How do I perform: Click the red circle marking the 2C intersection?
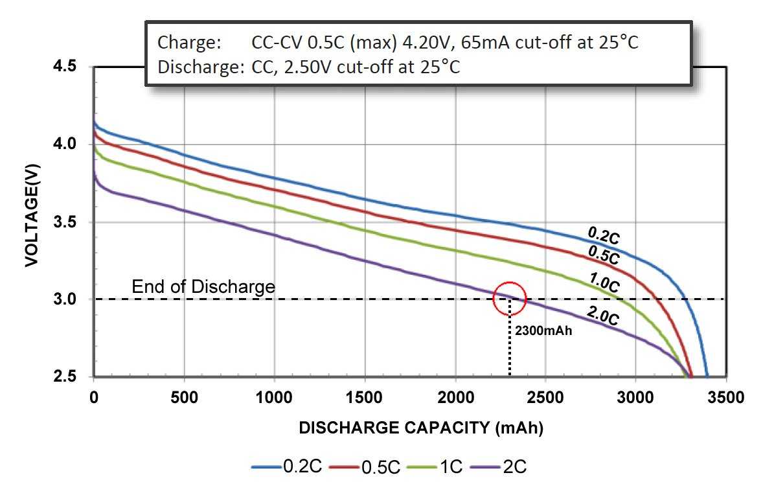pyautogui.click(x=510, y=299)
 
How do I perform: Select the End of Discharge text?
pyautogui.click(x=203, y=286)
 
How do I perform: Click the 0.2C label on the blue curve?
pyautogui.click(x=604, y=235)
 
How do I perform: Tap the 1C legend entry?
pyautogui.click(x=451, y=467)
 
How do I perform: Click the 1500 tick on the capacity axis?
pyautogui.click(x=365, y=397)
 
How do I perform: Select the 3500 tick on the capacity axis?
pyautogui.click(x=725, y=397)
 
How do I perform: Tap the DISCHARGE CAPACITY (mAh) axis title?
pyautogui.click(x=420, y=428)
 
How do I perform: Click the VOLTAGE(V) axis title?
pyautogui.click(x=32, y=222)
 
